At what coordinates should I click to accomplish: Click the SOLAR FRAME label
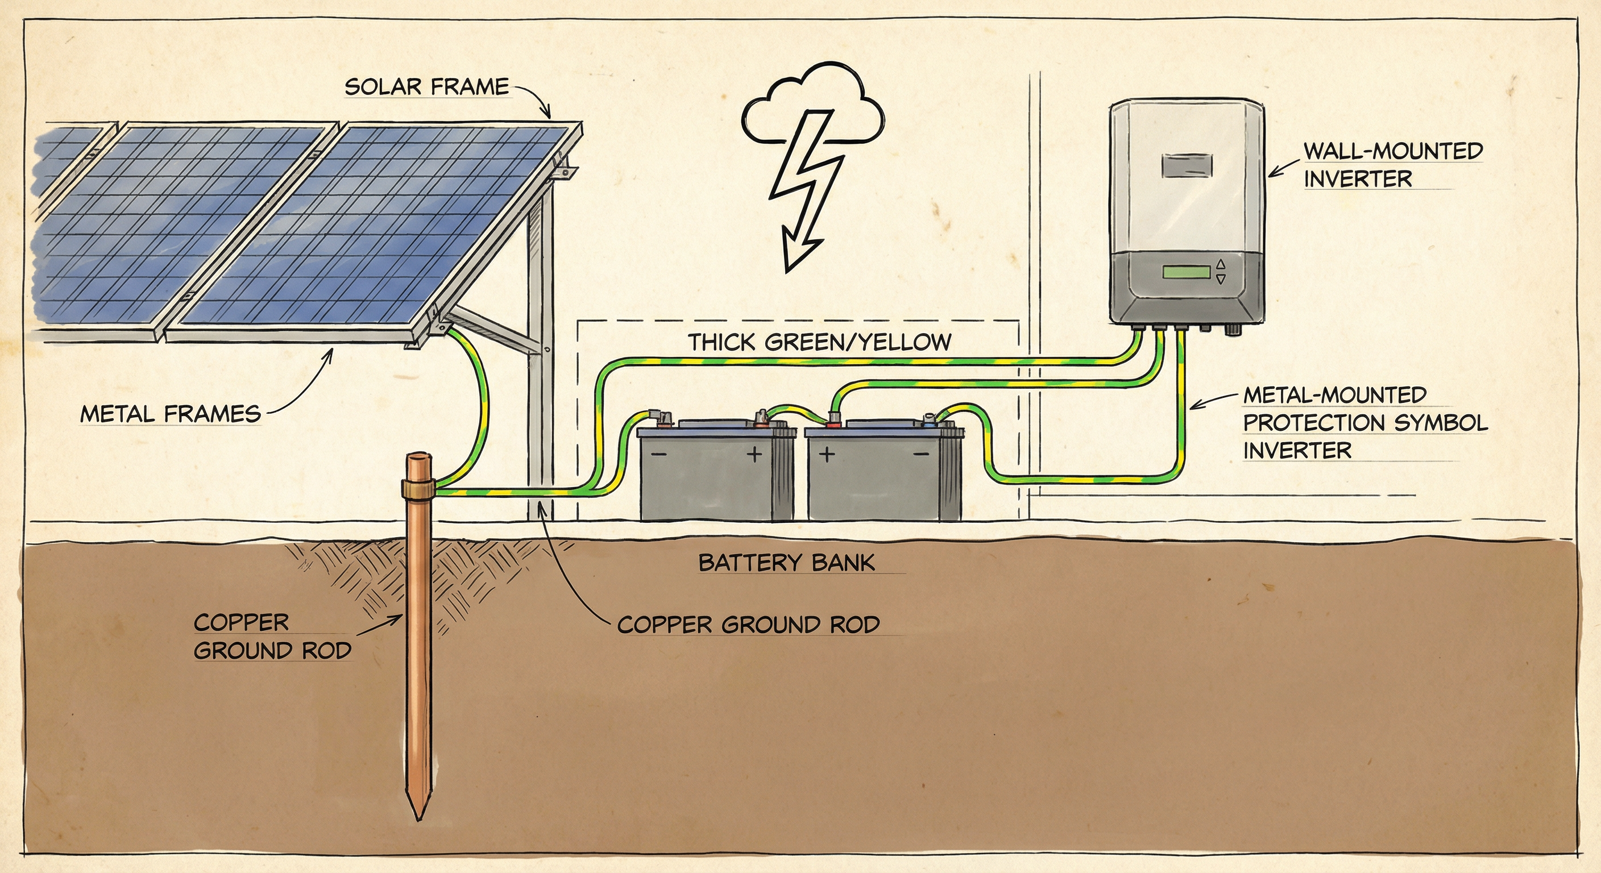pos(427,86)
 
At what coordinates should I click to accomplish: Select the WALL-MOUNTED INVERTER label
pos(1392,165)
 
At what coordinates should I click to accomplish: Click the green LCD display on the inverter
pos(1187,272)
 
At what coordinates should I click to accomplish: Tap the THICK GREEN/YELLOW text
pos(819,342)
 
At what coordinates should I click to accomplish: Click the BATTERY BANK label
pos(786,563)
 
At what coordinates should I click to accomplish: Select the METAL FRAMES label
pos(171,414)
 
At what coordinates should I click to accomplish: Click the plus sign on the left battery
pos(754,454)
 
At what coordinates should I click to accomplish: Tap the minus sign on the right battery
pos(921,454)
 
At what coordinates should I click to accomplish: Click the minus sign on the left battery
pos(660,454)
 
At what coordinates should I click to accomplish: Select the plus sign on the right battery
pos(826,454)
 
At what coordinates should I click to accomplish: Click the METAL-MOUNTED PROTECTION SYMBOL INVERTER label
pos(1364,422)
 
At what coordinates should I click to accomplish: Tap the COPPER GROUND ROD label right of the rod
pos(748,625)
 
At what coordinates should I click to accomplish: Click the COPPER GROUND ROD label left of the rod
pos(272,636)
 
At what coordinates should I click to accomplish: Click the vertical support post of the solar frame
pos(540,373)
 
